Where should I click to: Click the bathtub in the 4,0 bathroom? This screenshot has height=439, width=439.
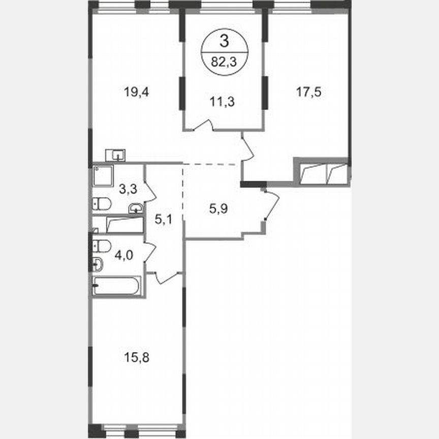tap(117, 286)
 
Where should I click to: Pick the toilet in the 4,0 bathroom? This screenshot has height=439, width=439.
tap(102, 246)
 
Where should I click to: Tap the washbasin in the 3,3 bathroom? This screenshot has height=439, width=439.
tap(136, 207)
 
